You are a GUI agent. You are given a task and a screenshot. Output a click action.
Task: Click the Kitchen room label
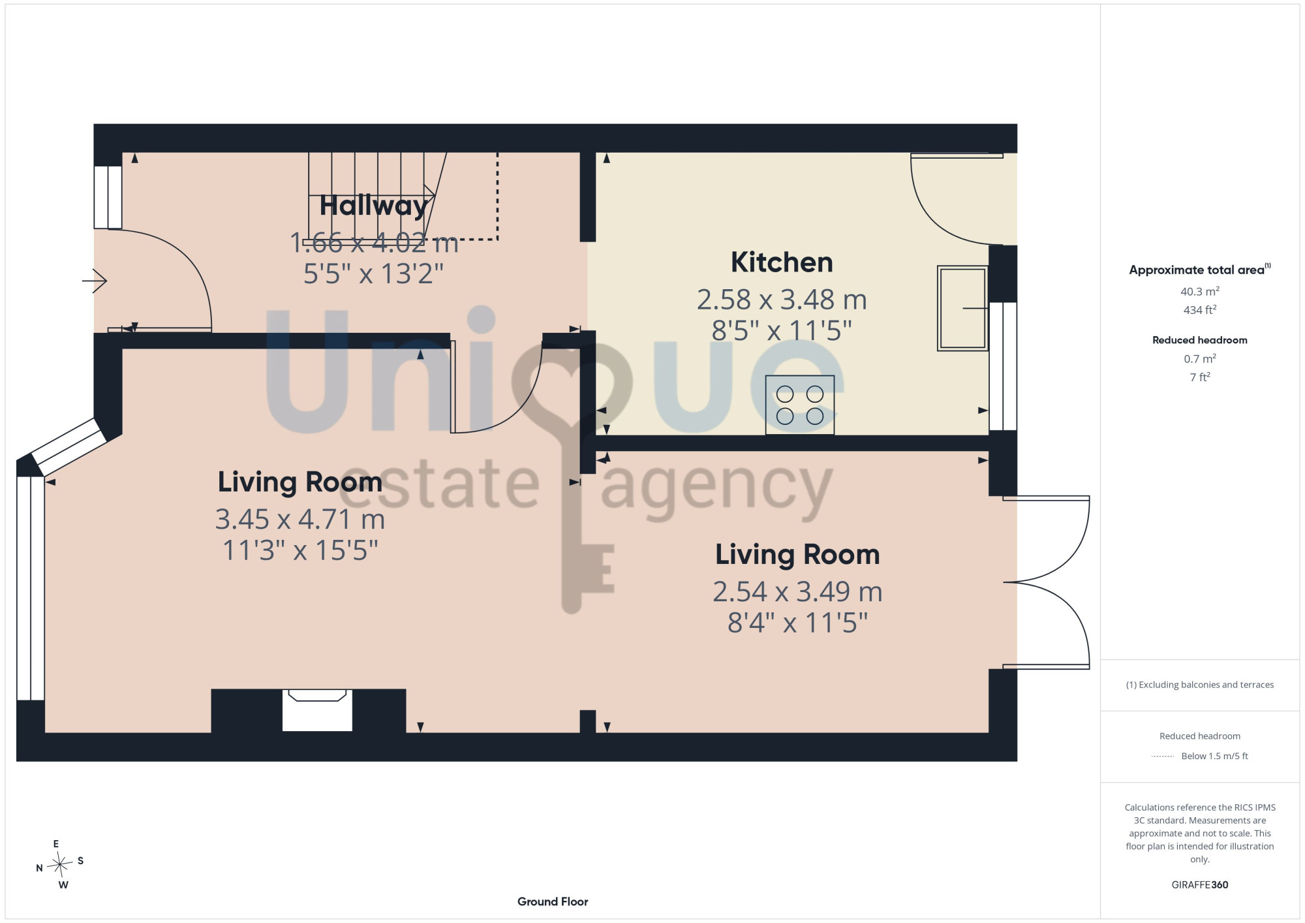(x=782, y=262)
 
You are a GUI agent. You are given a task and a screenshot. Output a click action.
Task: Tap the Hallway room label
(x=374, y=206)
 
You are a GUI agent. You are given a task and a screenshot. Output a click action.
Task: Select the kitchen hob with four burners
(x=799, y=405)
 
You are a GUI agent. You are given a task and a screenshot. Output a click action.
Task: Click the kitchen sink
(x=962, y=308)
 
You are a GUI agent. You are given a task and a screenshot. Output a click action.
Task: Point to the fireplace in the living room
(x=317, y=710)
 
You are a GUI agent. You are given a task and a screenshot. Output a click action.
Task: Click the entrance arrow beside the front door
(x=95, y=281)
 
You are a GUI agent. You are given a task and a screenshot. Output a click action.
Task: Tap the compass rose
(x=59, y=865)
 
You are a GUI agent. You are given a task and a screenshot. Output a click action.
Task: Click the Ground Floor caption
(x=553, y=901)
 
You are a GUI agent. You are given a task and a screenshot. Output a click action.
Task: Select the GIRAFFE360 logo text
(x=1199, y=885)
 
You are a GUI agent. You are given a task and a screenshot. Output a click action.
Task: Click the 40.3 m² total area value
(x=1199, y=291)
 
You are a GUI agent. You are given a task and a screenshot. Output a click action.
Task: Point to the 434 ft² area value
(x=1199, y=310)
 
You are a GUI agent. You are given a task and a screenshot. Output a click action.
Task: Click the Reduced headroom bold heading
(x=1199, y=340)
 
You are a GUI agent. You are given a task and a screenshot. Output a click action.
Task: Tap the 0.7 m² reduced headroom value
(x=1199, y=358)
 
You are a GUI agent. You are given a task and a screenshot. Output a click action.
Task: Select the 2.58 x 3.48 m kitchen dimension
(x=782, y=300)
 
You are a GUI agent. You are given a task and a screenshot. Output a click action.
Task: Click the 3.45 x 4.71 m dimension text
(x=300, y=520)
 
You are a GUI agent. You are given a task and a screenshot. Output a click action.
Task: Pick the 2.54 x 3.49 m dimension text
(x=797, y=592)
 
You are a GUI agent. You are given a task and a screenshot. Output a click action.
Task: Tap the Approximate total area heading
(x=1199, y=270)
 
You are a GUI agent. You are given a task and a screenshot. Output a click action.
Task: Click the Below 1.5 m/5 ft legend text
(x=1214, y=756)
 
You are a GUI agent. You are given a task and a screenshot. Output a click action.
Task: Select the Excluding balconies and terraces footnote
(x=1199, y=685)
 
